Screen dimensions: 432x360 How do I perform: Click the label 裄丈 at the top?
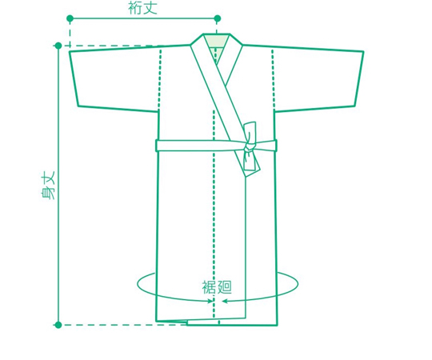pos(142,8)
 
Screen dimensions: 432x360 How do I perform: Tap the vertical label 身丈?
pos(48,186)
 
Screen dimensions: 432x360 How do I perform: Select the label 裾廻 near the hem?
pos(217,287)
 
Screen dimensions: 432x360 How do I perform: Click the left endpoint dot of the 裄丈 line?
pos(70,18)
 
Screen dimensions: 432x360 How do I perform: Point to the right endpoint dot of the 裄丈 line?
pos(218,18)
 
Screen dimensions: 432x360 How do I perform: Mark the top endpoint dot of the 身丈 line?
pos(58,46)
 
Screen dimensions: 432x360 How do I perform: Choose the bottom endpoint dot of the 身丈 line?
pos(58,325)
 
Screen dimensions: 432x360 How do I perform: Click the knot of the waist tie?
pos(249,146)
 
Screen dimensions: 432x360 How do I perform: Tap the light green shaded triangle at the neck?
pos(217,48)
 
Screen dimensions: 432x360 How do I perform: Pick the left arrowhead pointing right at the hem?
pos(210,301)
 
